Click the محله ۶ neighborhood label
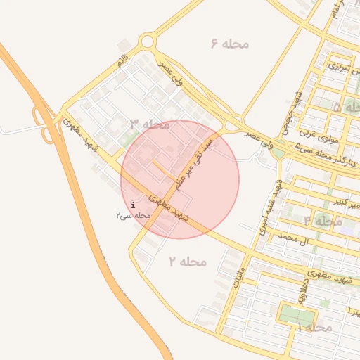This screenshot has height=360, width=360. [x=229, y=44]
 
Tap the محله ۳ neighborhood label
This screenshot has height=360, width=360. [x=150, y=124]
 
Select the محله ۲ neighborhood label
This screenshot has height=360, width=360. [x=188, y=262]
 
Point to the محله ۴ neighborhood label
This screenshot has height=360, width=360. [x=323, y=221]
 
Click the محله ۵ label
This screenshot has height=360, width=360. [x=346, y=108]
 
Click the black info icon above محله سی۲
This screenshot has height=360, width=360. [x=133, y=205]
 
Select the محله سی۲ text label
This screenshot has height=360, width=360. [x=133, y=214]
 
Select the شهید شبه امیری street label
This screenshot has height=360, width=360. [x=271, y=208]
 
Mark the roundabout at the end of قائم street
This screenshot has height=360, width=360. [x=147, y=42]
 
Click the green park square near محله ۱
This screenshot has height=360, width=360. [x=290, y=314]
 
